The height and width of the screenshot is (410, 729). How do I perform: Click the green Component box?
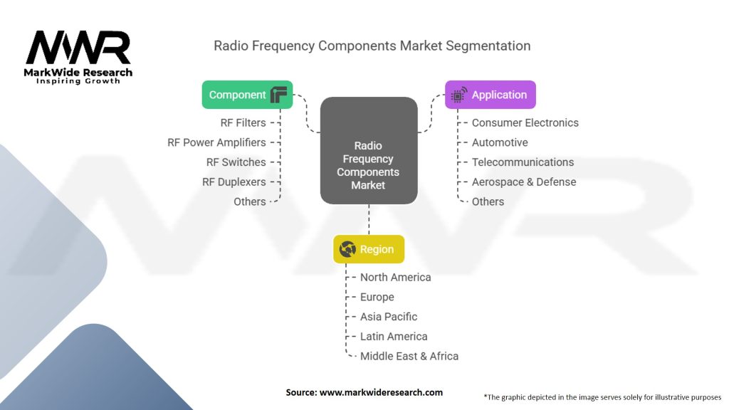coord(247,95)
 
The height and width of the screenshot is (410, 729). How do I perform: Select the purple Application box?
coord(490,95)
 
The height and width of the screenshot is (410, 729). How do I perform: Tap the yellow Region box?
coord(368,249)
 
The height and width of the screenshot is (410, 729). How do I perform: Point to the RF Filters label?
coord(243,122)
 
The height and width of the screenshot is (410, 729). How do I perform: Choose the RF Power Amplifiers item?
coord(216,142)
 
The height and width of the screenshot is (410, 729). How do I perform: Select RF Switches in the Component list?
coord(236,162)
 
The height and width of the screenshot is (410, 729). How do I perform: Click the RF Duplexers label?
coord(234,182)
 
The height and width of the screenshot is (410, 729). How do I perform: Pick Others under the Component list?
coord(249,201)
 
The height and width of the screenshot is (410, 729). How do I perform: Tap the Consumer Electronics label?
coord(525,122)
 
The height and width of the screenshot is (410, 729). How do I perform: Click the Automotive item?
coord(500,142)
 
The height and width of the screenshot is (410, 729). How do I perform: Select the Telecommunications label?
coord(523,162)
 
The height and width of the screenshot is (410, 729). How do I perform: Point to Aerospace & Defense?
coord(524,182)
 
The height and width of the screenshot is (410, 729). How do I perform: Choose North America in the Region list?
coord(395,277)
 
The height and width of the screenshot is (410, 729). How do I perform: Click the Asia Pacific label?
coord(389,317)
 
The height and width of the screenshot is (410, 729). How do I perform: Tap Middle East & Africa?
coord(409,356)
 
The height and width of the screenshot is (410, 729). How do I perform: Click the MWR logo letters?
coord(78,48)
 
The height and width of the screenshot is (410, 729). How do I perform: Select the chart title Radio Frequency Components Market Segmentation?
coord(372,46)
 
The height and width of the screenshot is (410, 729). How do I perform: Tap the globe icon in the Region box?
coord(348,249)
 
